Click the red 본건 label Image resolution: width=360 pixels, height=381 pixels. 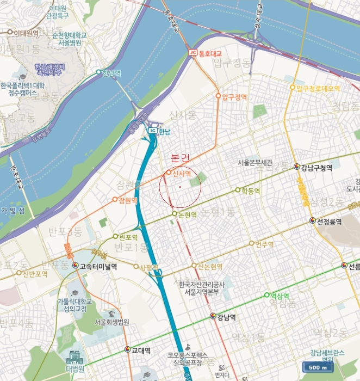[180, 158]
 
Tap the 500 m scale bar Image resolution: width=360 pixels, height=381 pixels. [317, 367]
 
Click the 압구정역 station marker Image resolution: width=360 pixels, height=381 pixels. [218, 96]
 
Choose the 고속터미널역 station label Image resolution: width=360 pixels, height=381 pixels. [98, 266]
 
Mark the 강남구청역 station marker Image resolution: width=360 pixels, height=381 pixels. [296, 167]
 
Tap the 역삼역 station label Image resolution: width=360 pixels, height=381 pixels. [283, 296]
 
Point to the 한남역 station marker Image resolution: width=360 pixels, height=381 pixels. [98, 72]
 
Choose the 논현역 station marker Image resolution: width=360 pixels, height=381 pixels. [174, 214]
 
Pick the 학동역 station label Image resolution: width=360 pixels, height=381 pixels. [251, 191]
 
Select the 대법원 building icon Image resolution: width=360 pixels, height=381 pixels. [74, 357]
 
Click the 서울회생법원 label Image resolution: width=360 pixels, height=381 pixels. [111, 322]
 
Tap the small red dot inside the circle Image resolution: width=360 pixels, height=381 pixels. [179, 187]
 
